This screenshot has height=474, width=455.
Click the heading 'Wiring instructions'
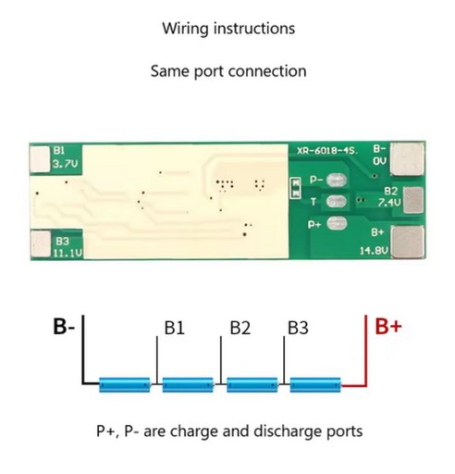[228, 29]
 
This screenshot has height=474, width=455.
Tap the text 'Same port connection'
[228, 71]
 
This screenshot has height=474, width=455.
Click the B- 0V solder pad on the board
[407, 159]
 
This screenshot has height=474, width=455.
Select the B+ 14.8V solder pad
[407, 242]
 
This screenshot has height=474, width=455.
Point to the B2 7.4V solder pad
[413, 200]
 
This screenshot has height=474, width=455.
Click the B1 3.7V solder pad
[41, 159]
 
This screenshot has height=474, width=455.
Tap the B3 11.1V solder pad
[41, 243]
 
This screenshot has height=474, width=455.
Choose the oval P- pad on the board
[337, 181]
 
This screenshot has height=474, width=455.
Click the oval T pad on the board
[337, 202]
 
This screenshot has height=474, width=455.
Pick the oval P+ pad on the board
[337, 223]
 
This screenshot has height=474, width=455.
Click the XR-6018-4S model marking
[327, 151]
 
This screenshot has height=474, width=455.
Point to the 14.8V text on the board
[374, 251]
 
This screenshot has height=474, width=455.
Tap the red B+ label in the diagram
[388, 326]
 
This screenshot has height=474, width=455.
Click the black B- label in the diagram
[64, 326]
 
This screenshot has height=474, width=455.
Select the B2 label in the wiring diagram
[240, 328]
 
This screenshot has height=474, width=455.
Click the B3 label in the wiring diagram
[298, 328]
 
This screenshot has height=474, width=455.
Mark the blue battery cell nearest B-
[125, 384]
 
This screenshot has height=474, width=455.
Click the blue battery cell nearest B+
[315, 384]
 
